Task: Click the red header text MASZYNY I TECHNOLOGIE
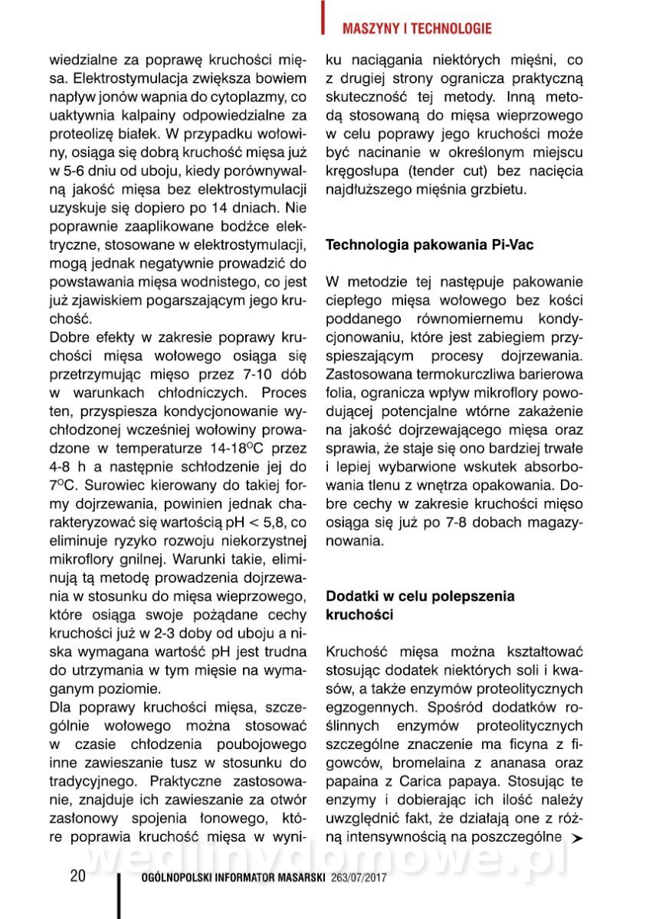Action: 416,29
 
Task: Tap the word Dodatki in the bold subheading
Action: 351,596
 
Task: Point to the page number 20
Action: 77,876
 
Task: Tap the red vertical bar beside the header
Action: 324,18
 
